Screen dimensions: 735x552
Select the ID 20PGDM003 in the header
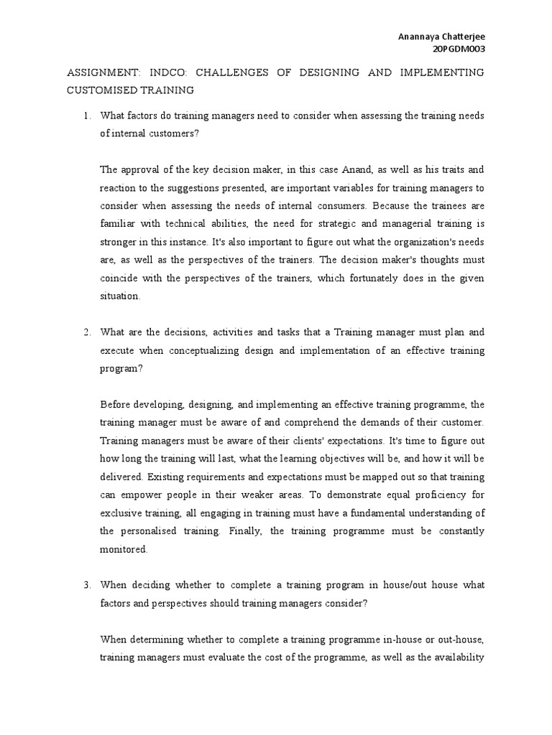coord(458,49)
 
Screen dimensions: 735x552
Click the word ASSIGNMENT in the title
coord(103,73)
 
